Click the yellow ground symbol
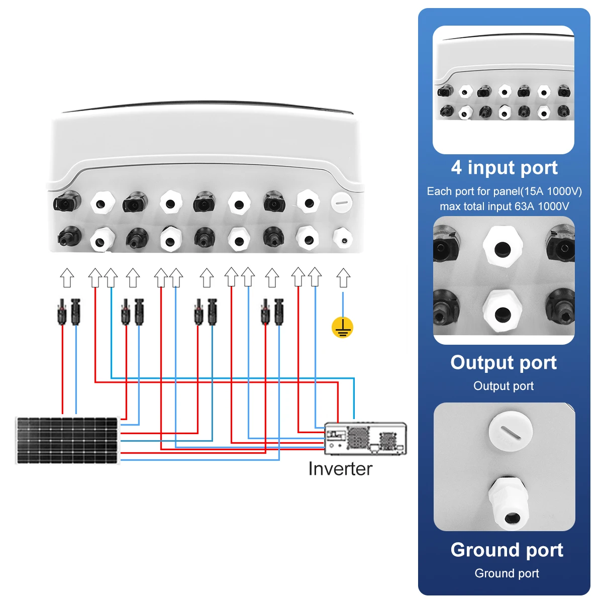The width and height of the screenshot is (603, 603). pyautogui.click(x=342, y=327)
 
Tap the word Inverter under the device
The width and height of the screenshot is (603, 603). pyautogui.click(x=340, y=469)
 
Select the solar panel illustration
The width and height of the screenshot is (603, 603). pyautogui.click(x=67, y=440)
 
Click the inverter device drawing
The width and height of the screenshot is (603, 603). pyautogui.click(x=365, y=438)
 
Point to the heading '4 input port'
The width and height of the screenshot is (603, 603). pyautogui.click(x=504, y=168)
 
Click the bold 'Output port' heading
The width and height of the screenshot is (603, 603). pyautogui.click(x=504, y=363)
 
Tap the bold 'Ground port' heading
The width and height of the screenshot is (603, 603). pyautogui.click(x=507, y=550)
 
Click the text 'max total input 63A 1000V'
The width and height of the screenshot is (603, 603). pyautogui.click(x=504, y=207)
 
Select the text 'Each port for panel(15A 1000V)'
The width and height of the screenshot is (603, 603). pyautogui.click(x=504, y=191)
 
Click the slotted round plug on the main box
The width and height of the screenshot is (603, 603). pyautogui.click(x=341, y=203)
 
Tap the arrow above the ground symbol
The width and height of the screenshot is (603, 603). pyautogui.click(x=343, y=277)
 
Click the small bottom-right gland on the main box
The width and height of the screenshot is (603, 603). pyautogui.click(x=343, y=239)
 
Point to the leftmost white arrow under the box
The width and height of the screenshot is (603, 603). pyautogui.click(x=67, y=277)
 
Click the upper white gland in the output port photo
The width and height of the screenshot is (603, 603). pyautogui.click(x=502, y=247)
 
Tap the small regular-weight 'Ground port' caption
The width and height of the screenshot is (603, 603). pyautogui.click(x=507, y=573)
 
